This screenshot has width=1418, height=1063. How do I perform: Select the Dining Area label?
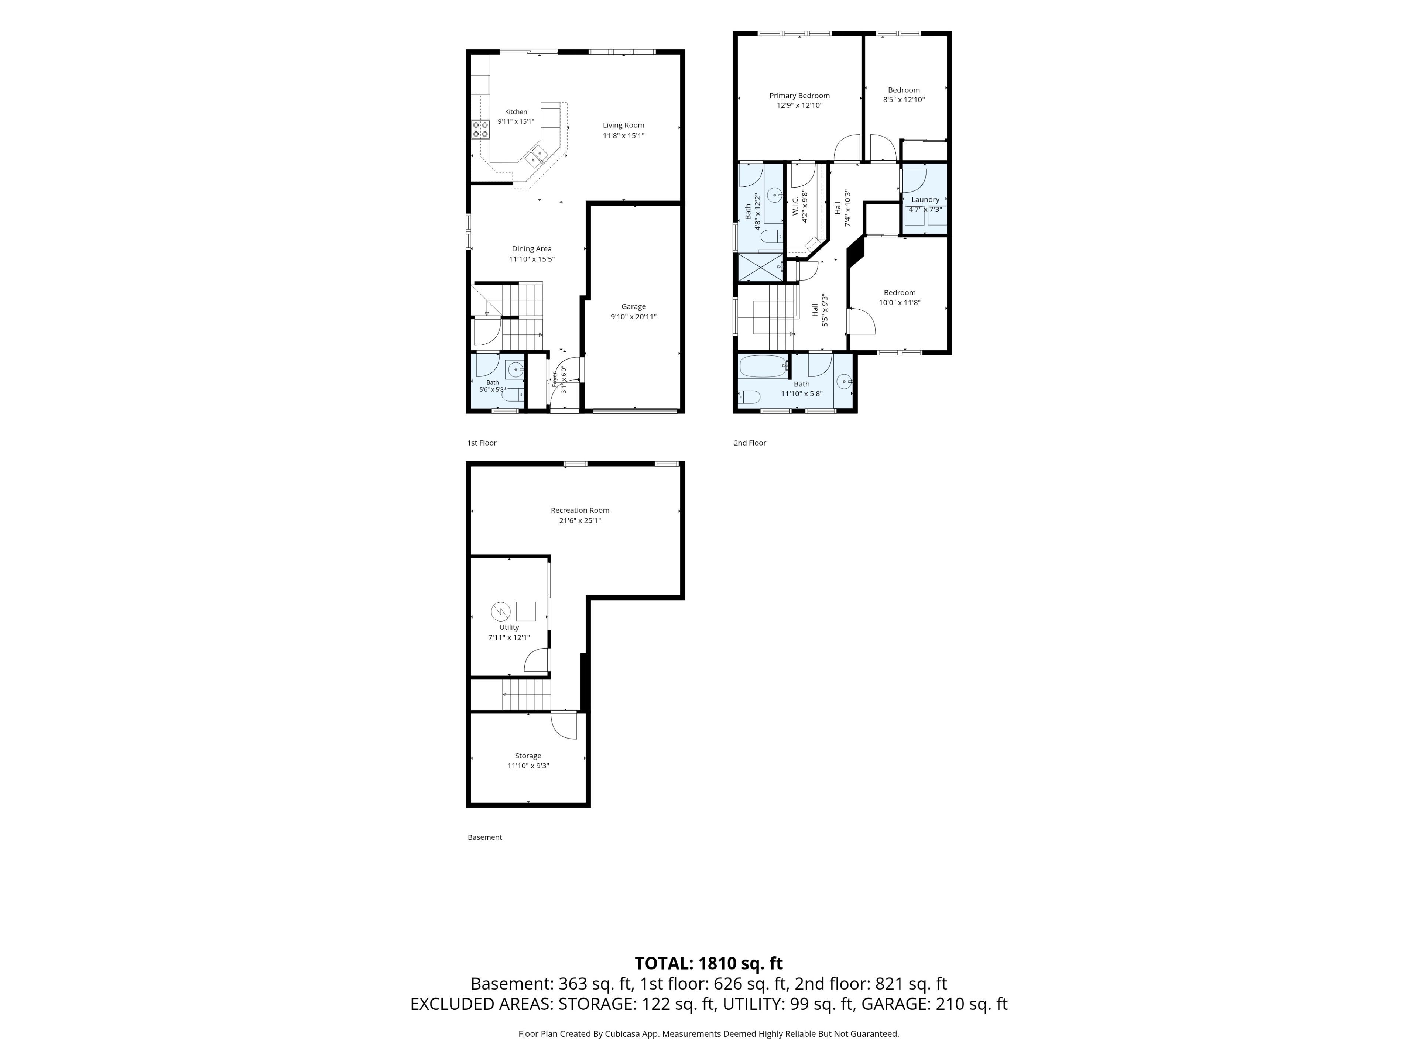click(531, 249)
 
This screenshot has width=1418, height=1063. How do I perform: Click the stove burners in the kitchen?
click(481, 130)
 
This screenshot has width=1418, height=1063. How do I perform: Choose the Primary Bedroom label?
click(799, 96)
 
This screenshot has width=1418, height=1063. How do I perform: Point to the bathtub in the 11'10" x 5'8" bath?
click(763, 367)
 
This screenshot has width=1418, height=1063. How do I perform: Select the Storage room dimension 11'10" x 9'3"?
click(528, 766)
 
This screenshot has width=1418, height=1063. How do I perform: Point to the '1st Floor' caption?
click(482, 443)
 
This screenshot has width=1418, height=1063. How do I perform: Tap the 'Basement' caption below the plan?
click(484, 837)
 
